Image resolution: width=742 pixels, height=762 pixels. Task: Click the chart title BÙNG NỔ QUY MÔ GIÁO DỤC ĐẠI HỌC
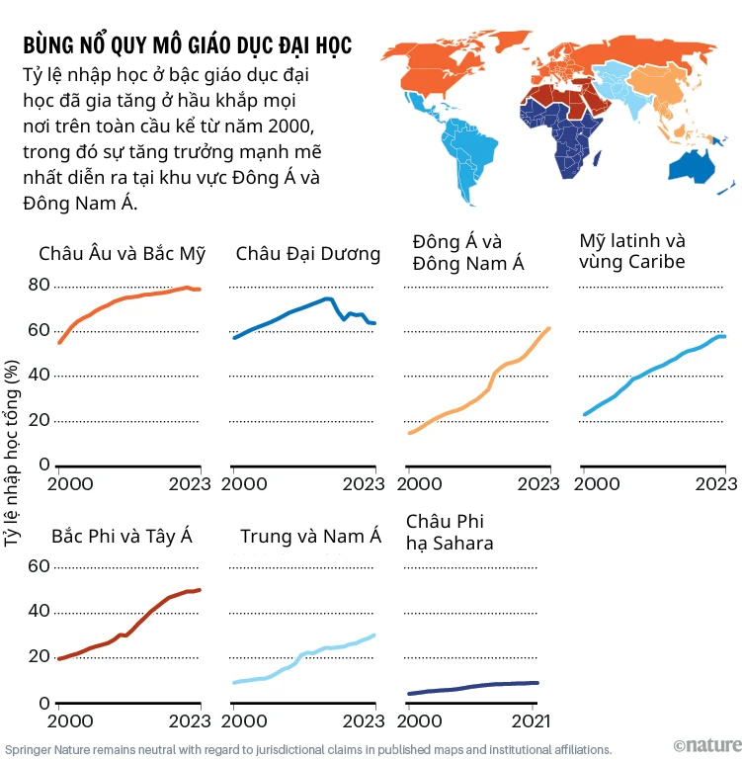point(187,45)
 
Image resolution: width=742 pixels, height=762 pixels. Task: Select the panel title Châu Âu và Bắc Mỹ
point(122,254)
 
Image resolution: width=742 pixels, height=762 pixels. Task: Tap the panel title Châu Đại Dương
point(307,254)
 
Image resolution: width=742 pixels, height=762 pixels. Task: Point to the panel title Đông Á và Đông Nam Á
point(467,253)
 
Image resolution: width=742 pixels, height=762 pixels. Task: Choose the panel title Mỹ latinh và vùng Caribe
point(631,252)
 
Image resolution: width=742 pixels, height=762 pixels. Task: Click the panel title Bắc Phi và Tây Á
point(122,537)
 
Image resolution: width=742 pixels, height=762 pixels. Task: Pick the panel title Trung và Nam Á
point(310,537)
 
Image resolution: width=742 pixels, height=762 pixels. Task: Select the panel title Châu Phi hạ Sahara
point(450,533)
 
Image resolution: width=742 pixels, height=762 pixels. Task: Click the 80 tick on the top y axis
point(38,285)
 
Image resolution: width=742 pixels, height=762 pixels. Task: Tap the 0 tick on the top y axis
point(43,465)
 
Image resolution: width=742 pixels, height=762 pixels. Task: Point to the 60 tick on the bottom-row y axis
point(38,566)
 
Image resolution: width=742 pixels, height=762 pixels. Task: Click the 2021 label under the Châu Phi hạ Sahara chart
point(533,719)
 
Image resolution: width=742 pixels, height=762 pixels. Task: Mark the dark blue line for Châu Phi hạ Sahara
point(474,687)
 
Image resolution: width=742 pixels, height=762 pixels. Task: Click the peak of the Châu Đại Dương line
point(328,298)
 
